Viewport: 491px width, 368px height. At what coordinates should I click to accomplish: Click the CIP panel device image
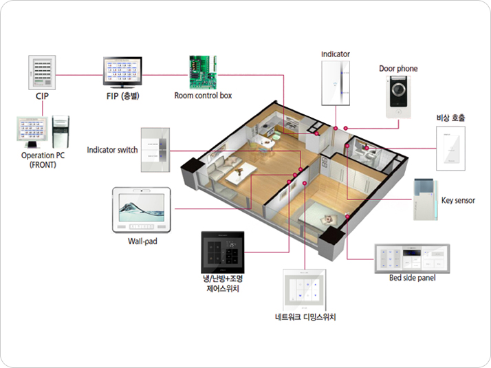click(42, 72)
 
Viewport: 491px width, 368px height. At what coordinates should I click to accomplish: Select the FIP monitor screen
click(122, 72)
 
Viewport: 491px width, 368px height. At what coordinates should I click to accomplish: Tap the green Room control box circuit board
click(203, 72)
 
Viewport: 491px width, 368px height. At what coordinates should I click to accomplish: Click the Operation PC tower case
click(61, 132)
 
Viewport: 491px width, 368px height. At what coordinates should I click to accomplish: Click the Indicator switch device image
click(155, 150)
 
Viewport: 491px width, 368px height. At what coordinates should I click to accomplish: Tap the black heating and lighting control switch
click(223, 252)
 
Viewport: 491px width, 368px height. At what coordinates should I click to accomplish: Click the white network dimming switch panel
click(305, 290)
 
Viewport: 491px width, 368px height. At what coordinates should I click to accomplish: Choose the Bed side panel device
click(412, 259)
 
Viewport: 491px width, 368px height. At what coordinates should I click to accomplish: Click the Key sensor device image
click(425, 199)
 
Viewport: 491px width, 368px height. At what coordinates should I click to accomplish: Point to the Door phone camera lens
click(398, 89)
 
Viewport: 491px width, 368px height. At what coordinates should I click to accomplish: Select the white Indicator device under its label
click(336, 83)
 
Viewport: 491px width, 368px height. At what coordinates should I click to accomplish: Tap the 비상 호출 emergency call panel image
click(450, 149)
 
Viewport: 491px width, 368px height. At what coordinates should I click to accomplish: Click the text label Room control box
click(203, 96)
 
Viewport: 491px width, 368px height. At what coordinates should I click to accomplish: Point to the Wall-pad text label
click(142, 241)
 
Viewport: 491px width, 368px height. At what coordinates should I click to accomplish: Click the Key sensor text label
click(458, 200)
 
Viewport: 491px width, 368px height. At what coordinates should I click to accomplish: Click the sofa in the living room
click(223, 166)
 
